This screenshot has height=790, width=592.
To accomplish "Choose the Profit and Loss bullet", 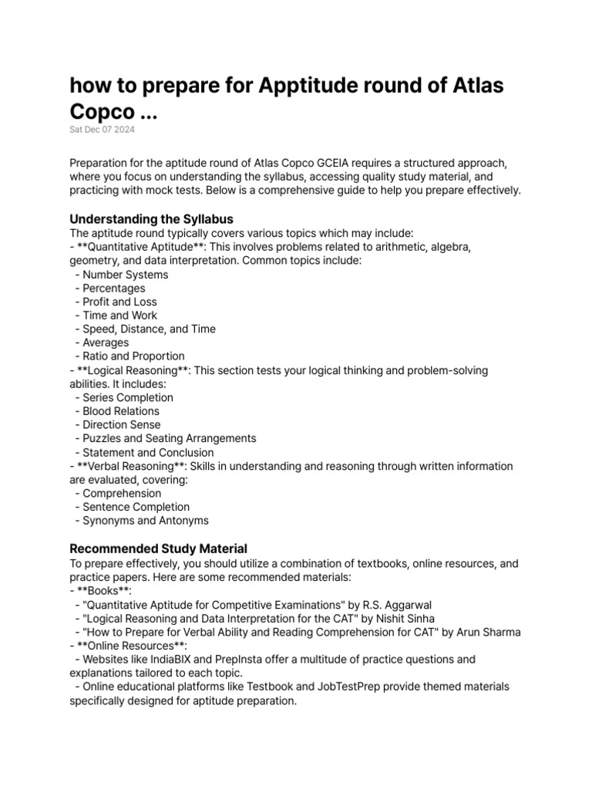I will point(119,302).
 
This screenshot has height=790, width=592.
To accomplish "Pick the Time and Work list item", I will point(119,316).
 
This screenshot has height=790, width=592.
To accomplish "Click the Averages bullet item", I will point(106,343).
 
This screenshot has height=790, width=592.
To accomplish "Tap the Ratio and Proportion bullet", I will point(133,356).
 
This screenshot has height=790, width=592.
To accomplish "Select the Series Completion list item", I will point(128,397).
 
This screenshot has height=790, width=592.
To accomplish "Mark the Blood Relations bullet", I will point(121,411).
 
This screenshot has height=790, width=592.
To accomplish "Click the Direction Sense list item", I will point(122,425).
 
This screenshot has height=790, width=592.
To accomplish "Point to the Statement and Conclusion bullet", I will point(148,452).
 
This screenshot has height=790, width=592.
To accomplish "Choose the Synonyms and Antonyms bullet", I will point(146,521).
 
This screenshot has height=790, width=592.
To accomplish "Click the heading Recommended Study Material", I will point(158,549).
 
